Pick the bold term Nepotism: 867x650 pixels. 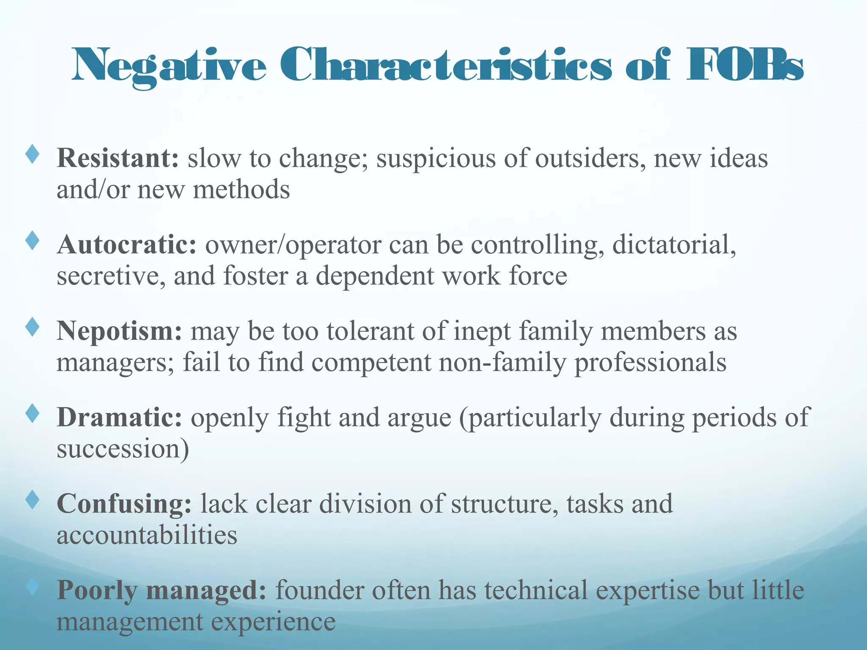pos(119,331)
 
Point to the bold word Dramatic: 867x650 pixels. pos(119,417)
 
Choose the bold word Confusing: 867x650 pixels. pos(124,504)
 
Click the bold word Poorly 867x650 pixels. pos(97,591)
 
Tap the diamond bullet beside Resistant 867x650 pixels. pos(32,154)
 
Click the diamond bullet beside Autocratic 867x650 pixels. pos(32,241)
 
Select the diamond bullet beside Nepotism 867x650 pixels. pos(32,327)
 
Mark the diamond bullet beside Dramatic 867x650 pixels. pos(32,413)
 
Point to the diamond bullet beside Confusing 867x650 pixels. pos(32,500)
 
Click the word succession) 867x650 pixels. pos(123,449)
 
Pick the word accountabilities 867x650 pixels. pos(147,535)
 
